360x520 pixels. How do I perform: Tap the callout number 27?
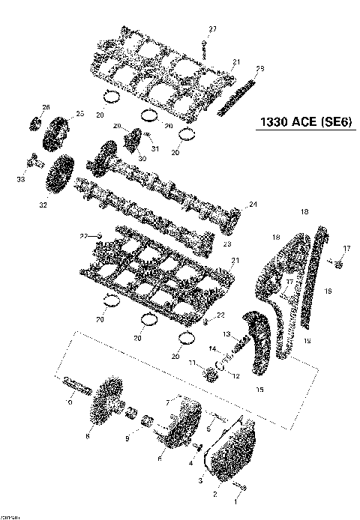pyautogui.click(x=211, y=28)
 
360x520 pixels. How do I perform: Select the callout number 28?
pyautogui.click(x=260, y=70)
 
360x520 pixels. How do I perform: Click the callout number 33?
pyautogui.click(x=20, y=179)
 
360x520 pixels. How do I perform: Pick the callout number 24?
pyautogui.click(x=253, y=204)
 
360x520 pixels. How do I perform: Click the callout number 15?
pyautogui.click(x=260, y=388)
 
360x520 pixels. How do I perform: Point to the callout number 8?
pyautogui.click(x=88, y=435)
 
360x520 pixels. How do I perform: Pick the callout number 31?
pyautogui.click(x=157, y=148)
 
